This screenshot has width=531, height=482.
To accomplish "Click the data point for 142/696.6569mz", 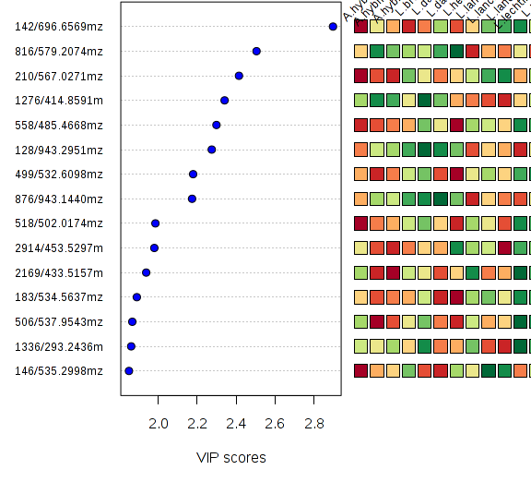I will pyautogui.click(x=333, y=27).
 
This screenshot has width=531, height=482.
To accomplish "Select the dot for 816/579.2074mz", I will pyautogui.click(x=256, y=51).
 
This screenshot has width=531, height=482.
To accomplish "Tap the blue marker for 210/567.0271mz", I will pyautogui.click(x=239, y=76).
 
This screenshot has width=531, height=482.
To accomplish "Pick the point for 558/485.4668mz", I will pyautogui.click(x=217, y=125).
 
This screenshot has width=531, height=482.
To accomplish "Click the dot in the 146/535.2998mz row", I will pyautogui.click(x=129, y=370).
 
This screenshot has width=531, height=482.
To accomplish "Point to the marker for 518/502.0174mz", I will pyautogui.click(x=155, y=223).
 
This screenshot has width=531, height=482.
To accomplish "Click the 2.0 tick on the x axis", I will pyautogui.click(x=159, y=424).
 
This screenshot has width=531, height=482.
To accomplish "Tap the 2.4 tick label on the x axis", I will pyautogui.click(x=236, y=424).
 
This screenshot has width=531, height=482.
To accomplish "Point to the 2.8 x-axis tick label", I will pyautogui.click(x=313, y=424).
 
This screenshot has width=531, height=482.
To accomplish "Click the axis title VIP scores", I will pyautogui.click(x=230, y=458).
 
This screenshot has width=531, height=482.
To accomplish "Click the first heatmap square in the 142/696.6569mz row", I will pyautogui.click(x=360, y=27).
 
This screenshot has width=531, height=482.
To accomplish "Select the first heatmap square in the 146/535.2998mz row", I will pyautogui.click(x=360, y=370).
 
